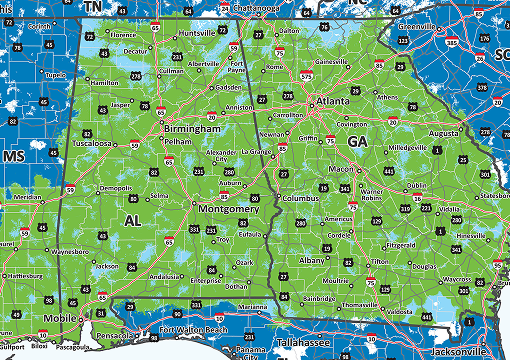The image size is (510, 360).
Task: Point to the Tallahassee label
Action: [x=305, y=341]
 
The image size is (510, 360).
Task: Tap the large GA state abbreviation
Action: [x=357, y=142]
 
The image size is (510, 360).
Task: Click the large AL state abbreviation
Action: [x=133, y=219]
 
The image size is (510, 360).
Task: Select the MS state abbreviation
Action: [x=13, y=158]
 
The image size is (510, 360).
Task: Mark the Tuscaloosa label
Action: [x=93, y=143]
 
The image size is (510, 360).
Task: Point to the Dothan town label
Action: [x=237, y=286]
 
